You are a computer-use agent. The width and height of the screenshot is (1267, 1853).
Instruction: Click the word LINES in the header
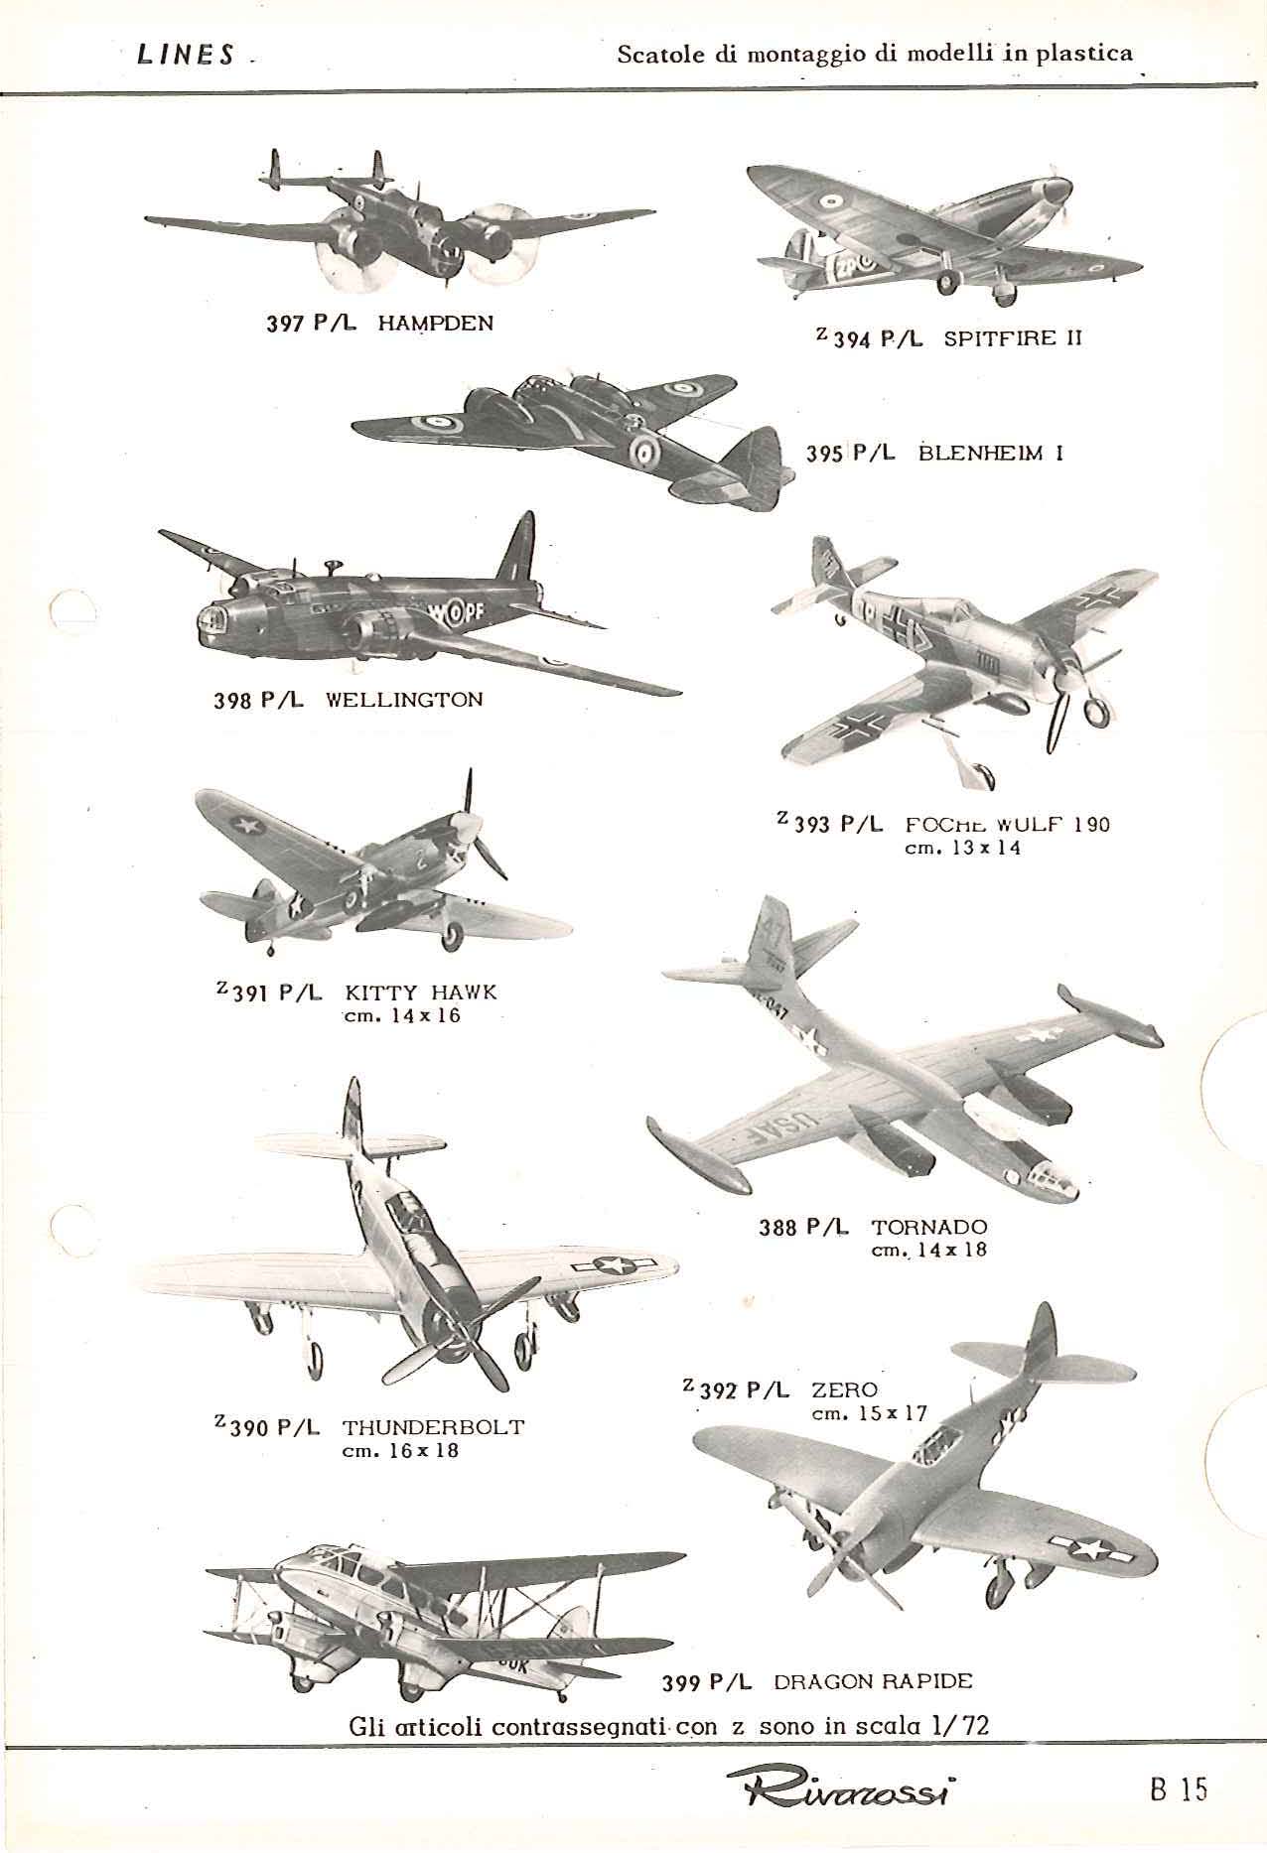click(x=186, y=56)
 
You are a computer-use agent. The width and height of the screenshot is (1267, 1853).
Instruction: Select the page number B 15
click(x=1179, y=1789)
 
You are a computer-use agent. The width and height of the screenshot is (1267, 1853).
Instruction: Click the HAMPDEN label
click(x=436, y=323)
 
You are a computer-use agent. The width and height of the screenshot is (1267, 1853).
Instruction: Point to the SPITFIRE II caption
click(x=1012, y=338)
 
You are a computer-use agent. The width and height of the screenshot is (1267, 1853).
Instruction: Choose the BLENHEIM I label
click(x=992, y=454)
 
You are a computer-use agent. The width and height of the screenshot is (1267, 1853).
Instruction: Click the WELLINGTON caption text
click(x=404, y=699)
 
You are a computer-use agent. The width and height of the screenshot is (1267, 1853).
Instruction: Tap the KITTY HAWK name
click(x=421, y=993)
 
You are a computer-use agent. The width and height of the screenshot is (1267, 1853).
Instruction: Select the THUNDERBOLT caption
click(x=433, y=1428)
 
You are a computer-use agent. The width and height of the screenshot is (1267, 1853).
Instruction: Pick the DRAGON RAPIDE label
click(x=873, y=1681)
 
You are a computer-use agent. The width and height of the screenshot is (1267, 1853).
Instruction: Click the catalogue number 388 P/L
click(x=803, y=1228)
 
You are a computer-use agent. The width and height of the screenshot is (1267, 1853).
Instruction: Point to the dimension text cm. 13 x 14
click(x=962, y=849)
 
